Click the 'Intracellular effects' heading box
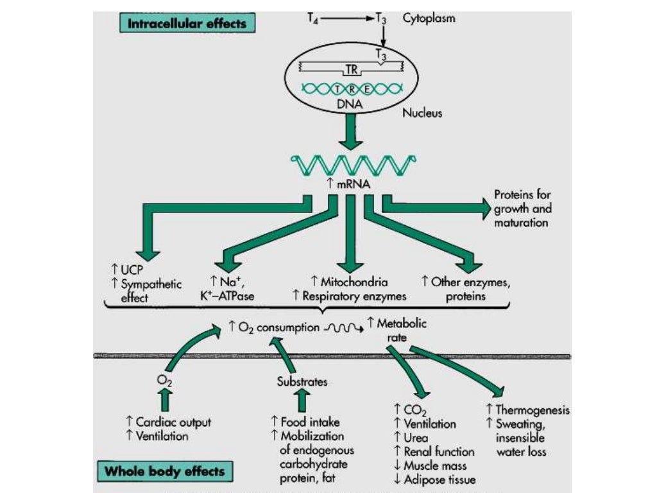pos(187,24)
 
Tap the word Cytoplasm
pos(429,19)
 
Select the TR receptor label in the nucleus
pos(351,72)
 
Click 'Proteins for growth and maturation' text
pos(522,209)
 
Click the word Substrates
pos(302,382)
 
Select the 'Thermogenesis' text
pos(533,410)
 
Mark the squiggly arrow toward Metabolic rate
pos(345,327)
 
